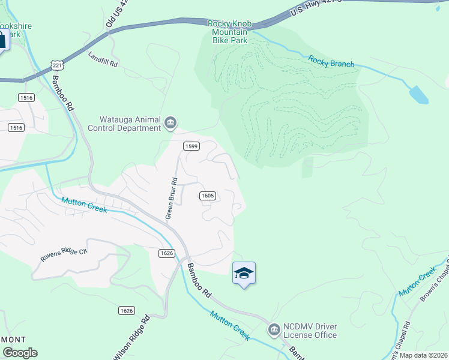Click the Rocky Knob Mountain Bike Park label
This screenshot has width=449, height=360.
point(228,32)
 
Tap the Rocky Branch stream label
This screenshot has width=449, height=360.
point(331,61)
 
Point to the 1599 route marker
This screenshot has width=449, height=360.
point(191,146)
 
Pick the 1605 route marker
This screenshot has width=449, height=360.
point(207,196)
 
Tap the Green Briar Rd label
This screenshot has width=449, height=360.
point(172,197)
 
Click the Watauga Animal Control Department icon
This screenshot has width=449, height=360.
point(170,124)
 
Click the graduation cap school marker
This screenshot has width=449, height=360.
point(244,273)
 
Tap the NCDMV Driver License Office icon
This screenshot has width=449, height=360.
point(274,329)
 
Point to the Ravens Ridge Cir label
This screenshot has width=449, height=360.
point(64,254)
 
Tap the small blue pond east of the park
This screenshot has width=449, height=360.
point(418,94)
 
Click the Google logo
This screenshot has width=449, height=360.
point(19,353)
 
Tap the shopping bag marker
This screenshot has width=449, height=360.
point(2,40)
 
